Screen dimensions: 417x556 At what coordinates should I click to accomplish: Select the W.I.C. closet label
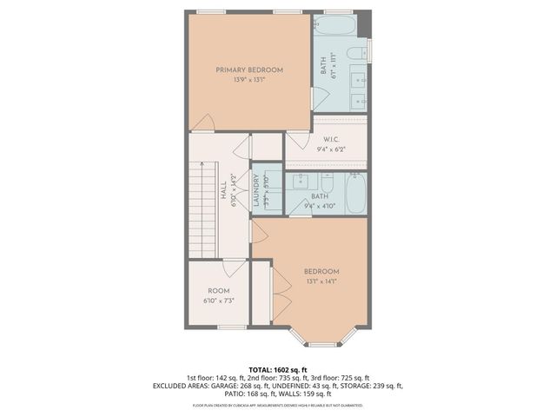[x=330, y=139]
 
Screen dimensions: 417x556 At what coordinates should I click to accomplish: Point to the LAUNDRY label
[x=257, y=189]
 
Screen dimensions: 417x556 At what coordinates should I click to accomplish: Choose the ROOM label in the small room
[x=218, y=291]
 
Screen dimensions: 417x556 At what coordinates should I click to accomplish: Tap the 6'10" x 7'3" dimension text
[x=218, y=301]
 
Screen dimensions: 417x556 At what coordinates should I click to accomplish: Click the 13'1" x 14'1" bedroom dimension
[x=321, y=281]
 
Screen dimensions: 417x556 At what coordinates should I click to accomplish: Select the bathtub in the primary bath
[x=340, y=25]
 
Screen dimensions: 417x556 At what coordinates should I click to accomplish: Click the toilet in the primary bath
[x=356, y=56]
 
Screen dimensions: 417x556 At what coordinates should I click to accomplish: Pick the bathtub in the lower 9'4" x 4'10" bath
[x=354, y=194]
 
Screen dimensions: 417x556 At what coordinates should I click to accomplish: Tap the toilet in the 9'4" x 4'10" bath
[x=328, y=182]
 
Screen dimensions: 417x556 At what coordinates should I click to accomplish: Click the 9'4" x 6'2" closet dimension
[x=330, y=149]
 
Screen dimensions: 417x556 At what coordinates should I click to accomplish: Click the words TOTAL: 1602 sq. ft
[x=278, y=369]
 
